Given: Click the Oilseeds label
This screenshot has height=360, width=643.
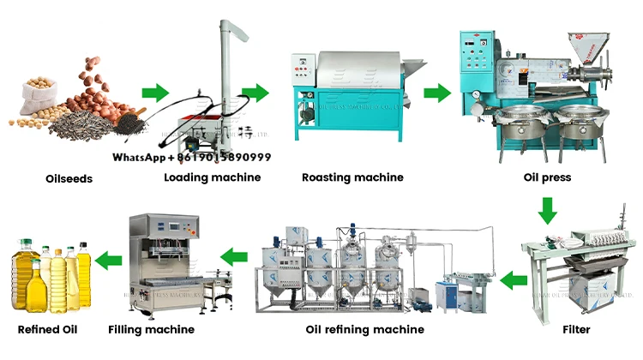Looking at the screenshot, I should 68,179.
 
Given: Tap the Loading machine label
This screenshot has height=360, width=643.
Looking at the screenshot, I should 213,177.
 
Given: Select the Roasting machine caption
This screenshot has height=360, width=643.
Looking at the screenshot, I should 352,177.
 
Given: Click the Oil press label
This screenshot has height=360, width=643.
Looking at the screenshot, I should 547,178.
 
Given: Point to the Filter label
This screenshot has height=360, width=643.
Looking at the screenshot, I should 576,329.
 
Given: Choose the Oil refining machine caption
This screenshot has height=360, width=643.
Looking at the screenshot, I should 364,329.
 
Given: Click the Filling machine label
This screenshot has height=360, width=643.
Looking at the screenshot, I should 151,329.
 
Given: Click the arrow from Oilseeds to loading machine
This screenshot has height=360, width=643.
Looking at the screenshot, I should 155,92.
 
